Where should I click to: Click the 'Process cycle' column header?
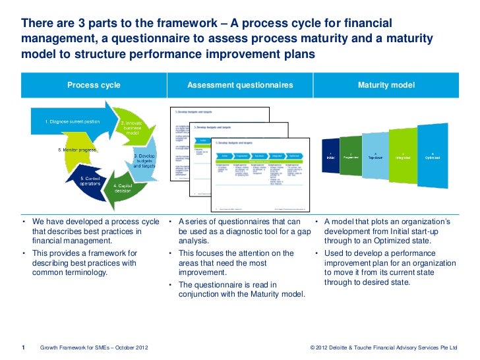pyautogui.click(x=94, y=85)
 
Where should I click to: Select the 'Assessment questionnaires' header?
pyautogui.click(x=240, y=85)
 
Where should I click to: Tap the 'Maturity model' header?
pyautogui.click(x=386, y=85)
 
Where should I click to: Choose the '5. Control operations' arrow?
pyautogui.click(x=90, y=183)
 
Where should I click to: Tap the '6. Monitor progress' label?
pyautogui.click(x=77, y=150)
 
